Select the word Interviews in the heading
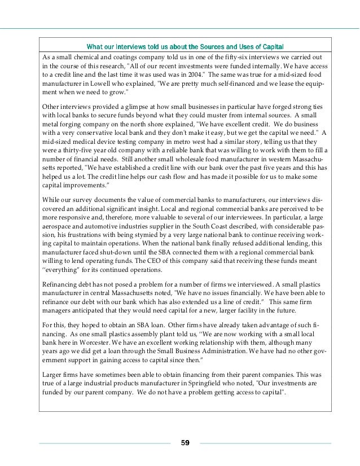(142, 46)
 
